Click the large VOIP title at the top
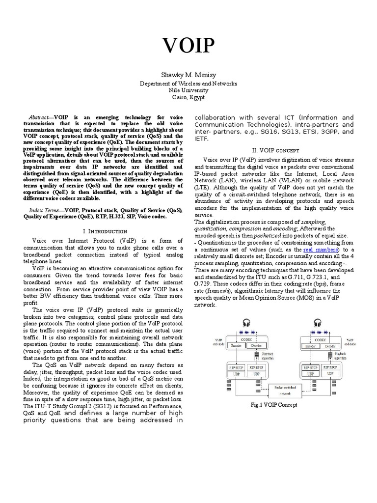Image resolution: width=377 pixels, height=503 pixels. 188,46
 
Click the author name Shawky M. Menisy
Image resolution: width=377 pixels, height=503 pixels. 188,74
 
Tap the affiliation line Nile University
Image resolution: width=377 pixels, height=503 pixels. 188,90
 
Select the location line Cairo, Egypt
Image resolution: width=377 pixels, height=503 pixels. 188,97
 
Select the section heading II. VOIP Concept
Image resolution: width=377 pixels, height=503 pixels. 279,150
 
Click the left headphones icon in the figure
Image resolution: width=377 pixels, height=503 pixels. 245,323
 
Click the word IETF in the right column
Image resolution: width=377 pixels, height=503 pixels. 202,139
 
